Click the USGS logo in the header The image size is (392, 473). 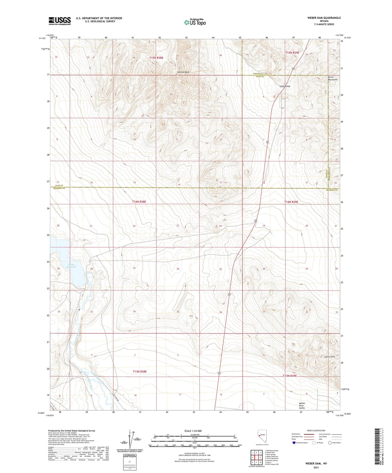pyautogui.click(x=60, y=21)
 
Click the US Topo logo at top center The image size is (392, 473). pyautogui.click(x=195, y=22)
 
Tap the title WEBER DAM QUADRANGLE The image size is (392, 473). pyautogui.click(x=320, y=18)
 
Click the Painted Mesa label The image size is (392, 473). pyautogui.click(x=183, y=72)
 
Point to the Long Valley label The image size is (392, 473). pyautogui.click(x=285, y=86)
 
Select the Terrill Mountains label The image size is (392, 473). pyautogui.click(x=332, y=78)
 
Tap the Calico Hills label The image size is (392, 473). pyautogui.click(x=330, y=357)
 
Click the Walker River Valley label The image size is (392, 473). pyautogui.click(x=302, y=406)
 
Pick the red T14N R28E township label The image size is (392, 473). pyautogui.click(x=139, y=202)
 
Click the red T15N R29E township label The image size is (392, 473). pyautogui.click(x=292, y=53)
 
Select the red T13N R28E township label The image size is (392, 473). pyautogui.click(x=140, y=371)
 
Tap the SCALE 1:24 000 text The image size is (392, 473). pyautogui.click(x=193, y=431)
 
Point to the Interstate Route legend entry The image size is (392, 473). pyautogui.click(x=300, y=443)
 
